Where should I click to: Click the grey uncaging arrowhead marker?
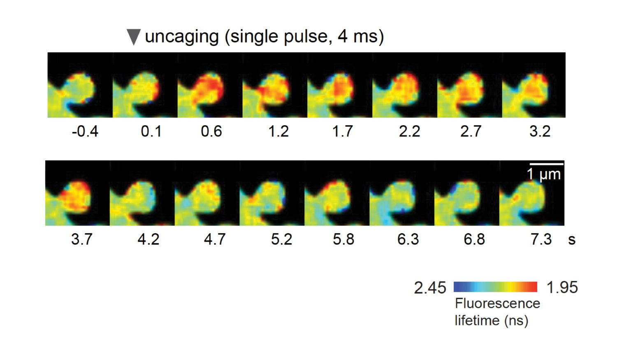point(134,37)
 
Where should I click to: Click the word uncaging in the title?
point(182,37)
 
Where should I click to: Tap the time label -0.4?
point(85,131)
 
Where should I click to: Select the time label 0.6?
point(211,131)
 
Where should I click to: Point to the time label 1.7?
point(342,131)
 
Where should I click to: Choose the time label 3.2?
point(540,131)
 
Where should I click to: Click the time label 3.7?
point(81,239)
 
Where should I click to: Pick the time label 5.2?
point(281,239)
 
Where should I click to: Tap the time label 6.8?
point(474,239)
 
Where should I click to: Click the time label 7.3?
point(541,239)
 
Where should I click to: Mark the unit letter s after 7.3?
point(571,240)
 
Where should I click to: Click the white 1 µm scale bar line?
point(546,164)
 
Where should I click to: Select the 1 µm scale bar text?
point(544,174)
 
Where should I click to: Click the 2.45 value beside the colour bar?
point(430,288)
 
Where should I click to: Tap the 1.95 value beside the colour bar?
point(562,287)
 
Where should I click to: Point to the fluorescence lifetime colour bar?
point(495,287)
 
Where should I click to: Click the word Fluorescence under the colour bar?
point(497,304)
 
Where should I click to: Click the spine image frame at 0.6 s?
point(210,85)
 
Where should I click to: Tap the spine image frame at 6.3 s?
point(402,193)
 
